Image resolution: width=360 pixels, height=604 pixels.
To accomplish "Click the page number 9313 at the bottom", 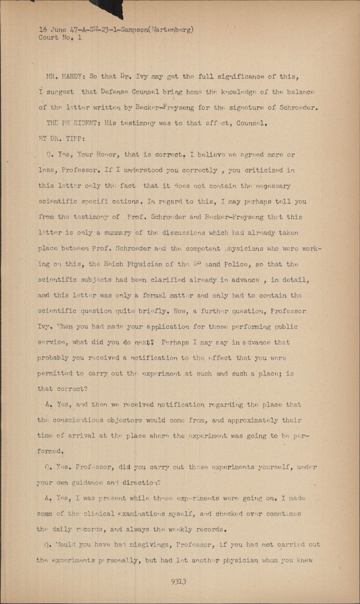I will click(x=179, y=581).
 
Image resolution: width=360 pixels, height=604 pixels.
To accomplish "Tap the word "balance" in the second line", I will click(x=300, y=92).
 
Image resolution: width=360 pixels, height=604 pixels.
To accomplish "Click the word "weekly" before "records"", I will click(x=182, y=529).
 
